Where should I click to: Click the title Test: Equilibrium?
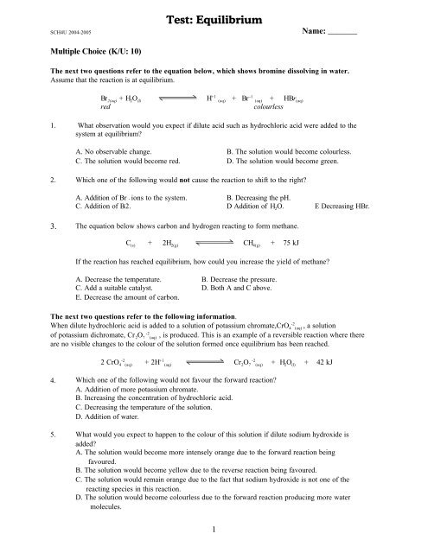(x=214, y=15)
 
